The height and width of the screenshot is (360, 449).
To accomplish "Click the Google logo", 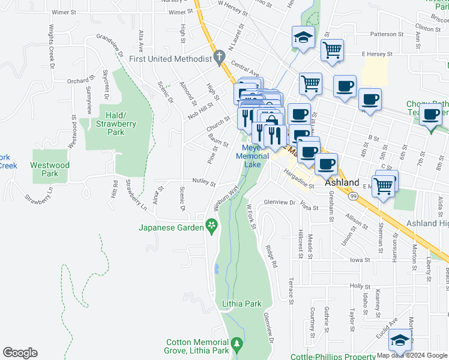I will (20, 353).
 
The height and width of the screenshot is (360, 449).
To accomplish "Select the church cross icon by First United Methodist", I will (220, 59).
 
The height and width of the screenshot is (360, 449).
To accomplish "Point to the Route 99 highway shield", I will (355, 196).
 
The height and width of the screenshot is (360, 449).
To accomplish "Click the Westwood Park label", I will (50, 169).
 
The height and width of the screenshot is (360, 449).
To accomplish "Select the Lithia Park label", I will (242, 304).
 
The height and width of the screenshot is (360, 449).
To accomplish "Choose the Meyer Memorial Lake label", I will (252, 156).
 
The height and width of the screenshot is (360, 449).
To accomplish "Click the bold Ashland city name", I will (342, 183).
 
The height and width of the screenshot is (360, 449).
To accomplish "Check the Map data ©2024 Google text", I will (411, 355).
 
